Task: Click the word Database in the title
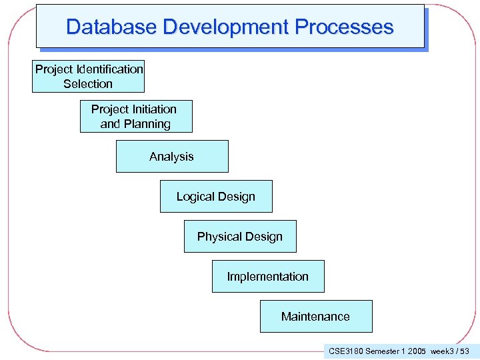coord(111,27)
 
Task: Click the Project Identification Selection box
coord(88,76)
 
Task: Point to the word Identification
coord(109,69)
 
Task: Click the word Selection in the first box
coord(88,84)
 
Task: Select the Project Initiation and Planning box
coord(136,116)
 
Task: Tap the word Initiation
coord(152,109)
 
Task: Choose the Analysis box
coord(172,157)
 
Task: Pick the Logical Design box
coord(216,197)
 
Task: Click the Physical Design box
coord(240,237)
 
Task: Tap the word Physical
coord(219,237)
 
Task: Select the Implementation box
coord(268,277)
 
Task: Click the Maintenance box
coord(315,317)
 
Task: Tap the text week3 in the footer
coord(443,351)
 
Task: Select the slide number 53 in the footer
coord(465,351)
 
